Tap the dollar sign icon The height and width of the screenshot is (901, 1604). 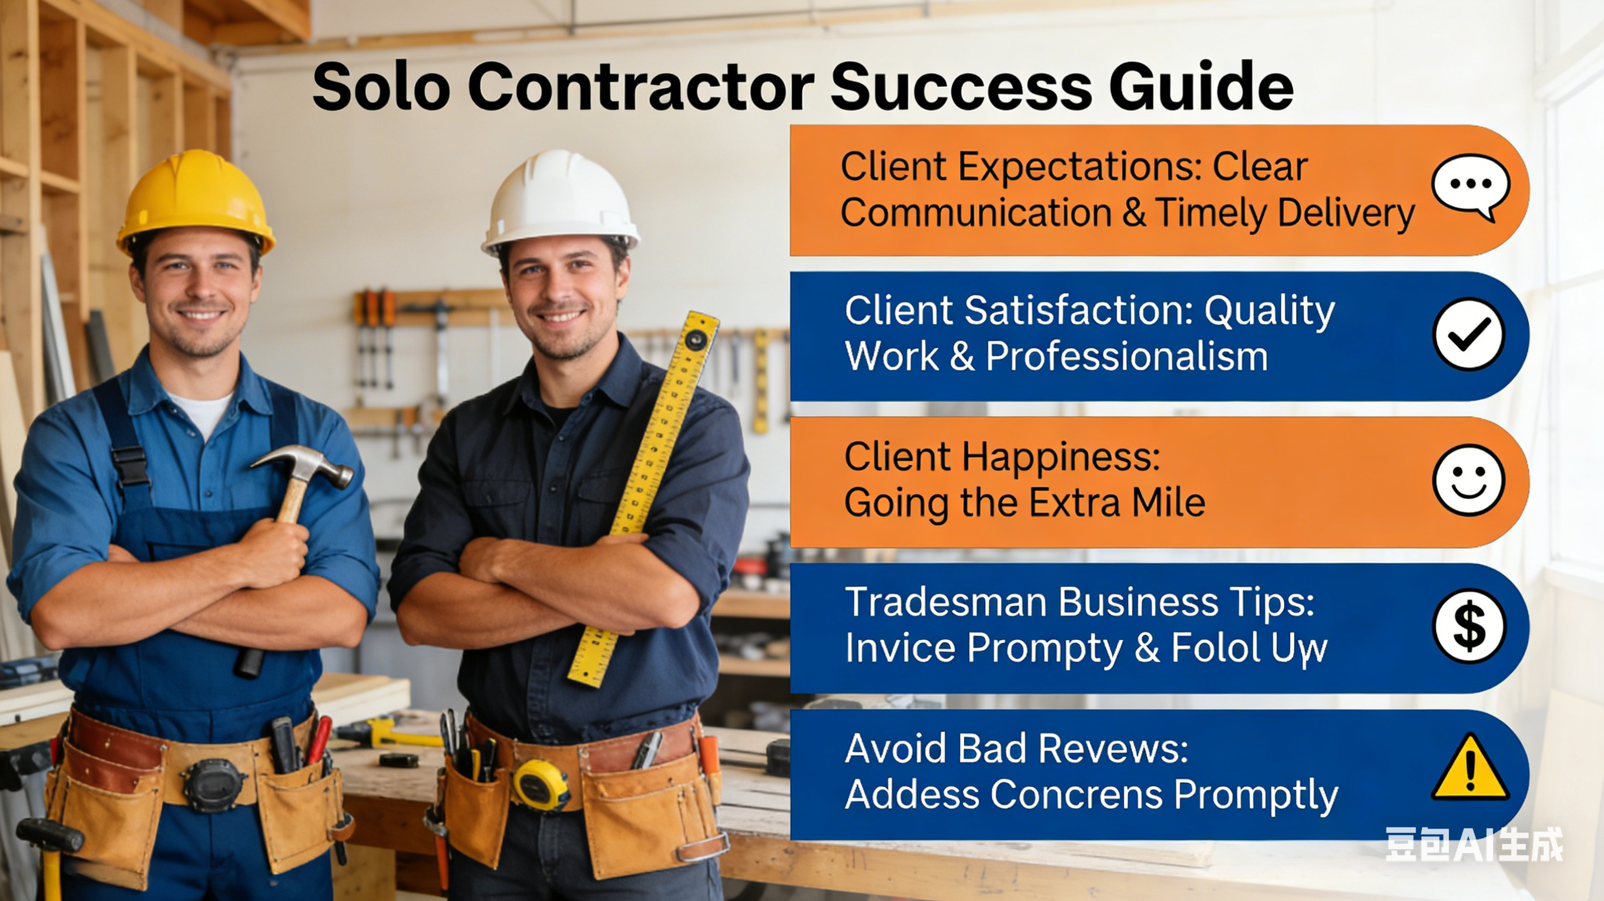click(1469, 626)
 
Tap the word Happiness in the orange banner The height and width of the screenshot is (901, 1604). click(1061, 457)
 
